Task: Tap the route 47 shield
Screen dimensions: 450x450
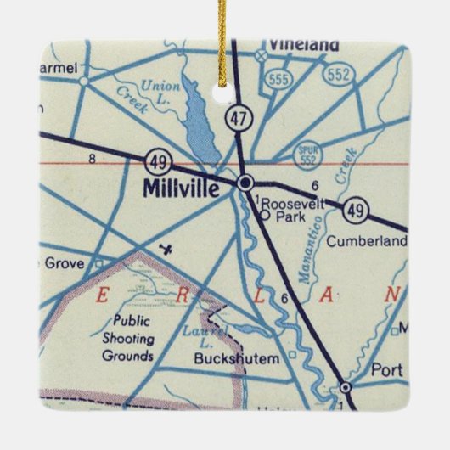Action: coord(240,117)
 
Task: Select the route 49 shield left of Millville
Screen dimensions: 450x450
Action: coord(155,159)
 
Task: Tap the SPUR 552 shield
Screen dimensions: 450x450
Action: coord(307,155)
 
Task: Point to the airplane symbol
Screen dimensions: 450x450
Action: coord(167,250)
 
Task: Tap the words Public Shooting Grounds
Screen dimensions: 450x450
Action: coord(128,339)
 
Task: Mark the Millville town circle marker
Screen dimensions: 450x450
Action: coord(245,183)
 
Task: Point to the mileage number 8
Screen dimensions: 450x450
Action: coord(91,158)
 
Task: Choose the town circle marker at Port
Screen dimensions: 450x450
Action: coord(346,387)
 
